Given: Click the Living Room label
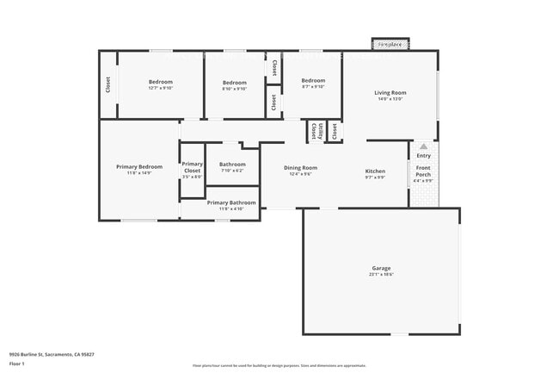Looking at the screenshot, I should click(x=390, y=92).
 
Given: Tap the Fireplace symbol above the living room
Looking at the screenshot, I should click(x=390, y=44).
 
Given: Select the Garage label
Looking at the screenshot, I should click(x=381, y=268).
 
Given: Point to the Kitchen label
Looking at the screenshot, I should click(x=375, y=171).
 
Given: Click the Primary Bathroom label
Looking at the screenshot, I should click(x=231, y=202).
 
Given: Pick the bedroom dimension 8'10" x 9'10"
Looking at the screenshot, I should click(x=235, y=89).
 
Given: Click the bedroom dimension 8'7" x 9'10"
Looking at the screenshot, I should click(x=312, y=86).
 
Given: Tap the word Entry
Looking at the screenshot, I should click(x=423, y=155).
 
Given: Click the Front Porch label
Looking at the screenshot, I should click(x=423, y=171).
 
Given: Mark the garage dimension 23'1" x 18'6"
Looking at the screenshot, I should click(x=381, y=275).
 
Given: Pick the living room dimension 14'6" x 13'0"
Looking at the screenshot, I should click(x=390, y=99).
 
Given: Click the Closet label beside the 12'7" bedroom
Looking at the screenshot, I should click(x=108, y=84).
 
